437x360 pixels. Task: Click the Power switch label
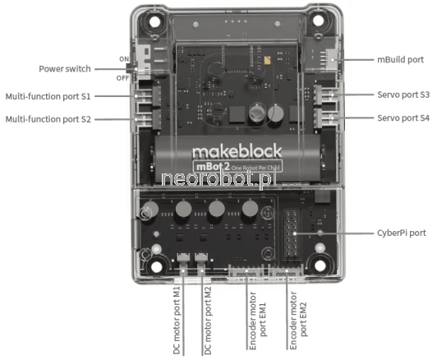click(65, 69)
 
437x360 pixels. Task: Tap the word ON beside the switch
click(124, 59)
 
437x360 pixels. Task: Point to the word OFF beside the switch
click(122, 78)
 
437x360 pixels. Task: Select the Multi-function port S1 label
click(48, 96)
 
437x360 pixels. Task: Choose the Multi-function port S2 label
click(48, 119)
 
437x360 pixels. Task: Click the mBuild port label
click(400, 60)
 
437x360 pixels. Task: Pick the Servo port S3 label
click(403, 95)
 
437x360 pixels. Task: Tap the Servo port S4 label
click(403, 118)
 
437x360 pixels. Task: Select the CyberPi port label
click(402, 233)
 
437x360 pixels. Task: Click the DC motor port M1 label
click(177, 321)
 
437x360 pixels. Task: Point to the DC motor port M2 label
click(208, 321)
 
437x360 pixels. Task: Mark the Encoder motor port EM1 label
click(258, 321)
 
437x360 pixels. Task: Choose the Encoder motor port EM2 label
click(298, 321)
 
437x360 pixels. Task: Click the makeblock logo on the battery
click(237, 151)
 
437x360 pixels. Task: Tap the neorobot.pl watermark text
click(217, 178)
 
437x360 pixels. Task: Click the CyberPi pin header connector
click(292, 233)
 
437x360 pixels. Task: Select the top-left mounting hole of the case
click(154, 21)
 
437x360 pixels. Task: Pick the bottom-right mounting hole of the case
click(320, 265)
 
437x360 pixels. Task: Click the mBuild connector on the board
click(332, 60)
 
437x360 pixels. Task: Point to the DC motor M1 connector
click(183, 258)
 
